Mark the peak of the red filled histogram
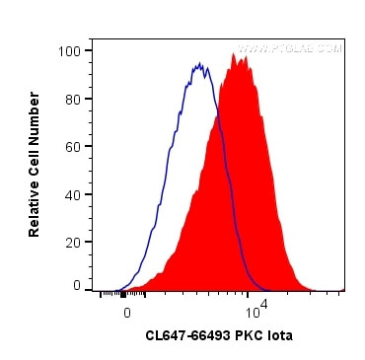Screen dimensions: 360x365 pyautogui.click(x=237, y=55)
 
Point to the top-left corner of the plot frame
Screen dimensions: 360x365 pyautogui.click(x=94, y=39)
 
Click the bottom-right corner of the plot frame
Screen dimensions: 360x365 pyautogui.click(x=344, y=291)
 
